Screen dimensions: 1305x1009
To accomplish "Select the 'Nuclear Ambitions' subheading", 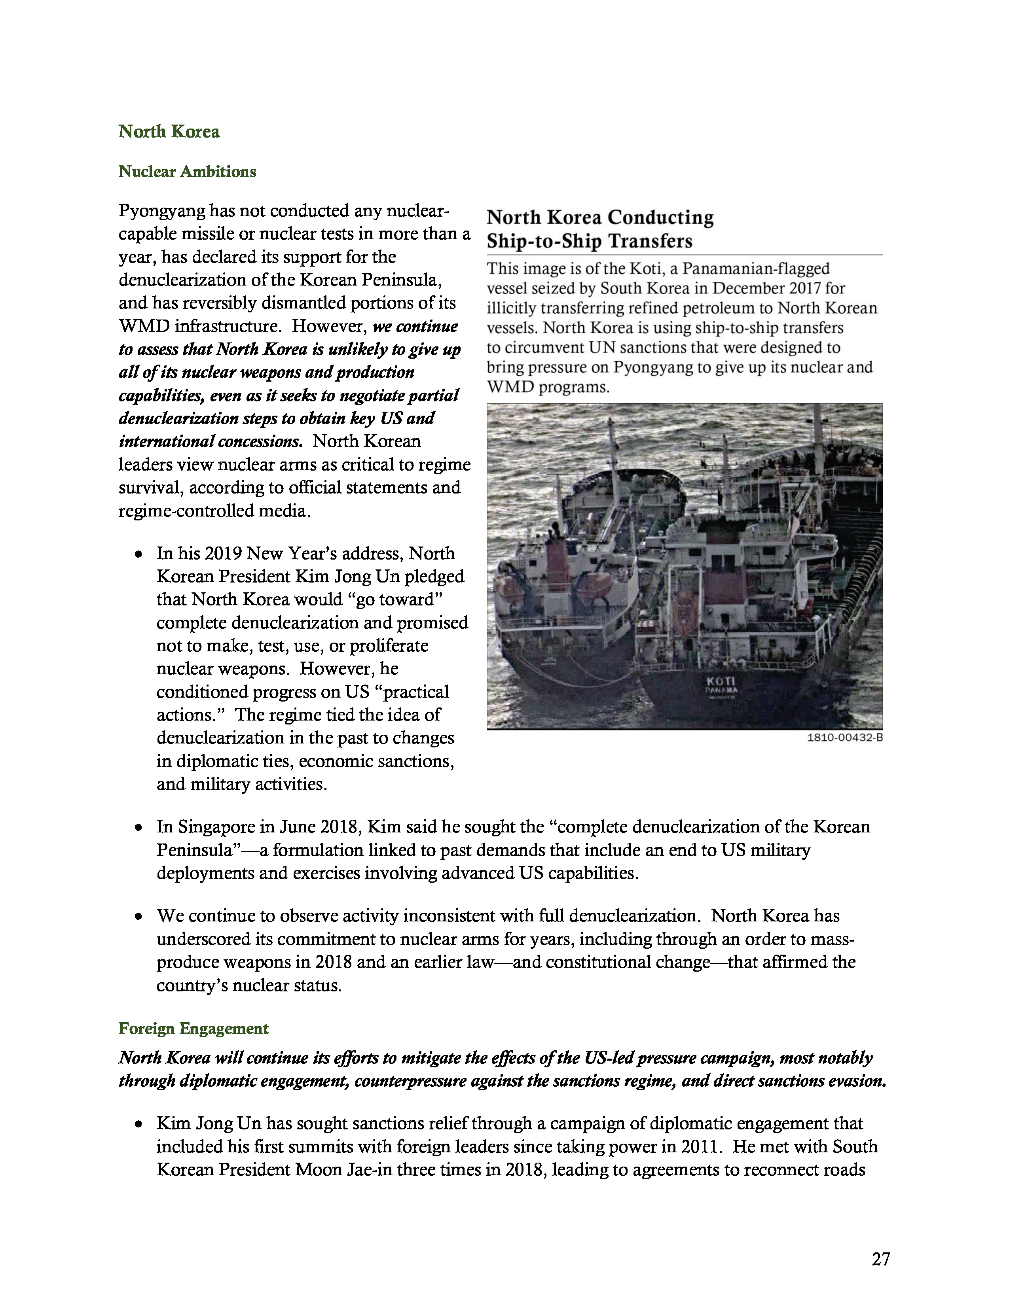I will pos(187,172).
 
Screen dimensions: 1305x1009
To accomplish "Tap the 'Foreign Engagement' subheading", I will pos(193,1028).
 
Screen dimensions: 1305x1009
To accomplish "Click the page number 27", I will pos(880,1259).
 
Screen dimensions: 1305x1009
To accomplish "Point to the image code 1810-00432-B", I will pos(845,738).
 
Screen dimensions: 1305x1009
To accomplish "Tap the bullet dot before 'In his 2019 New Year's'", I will pos(138,554).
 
